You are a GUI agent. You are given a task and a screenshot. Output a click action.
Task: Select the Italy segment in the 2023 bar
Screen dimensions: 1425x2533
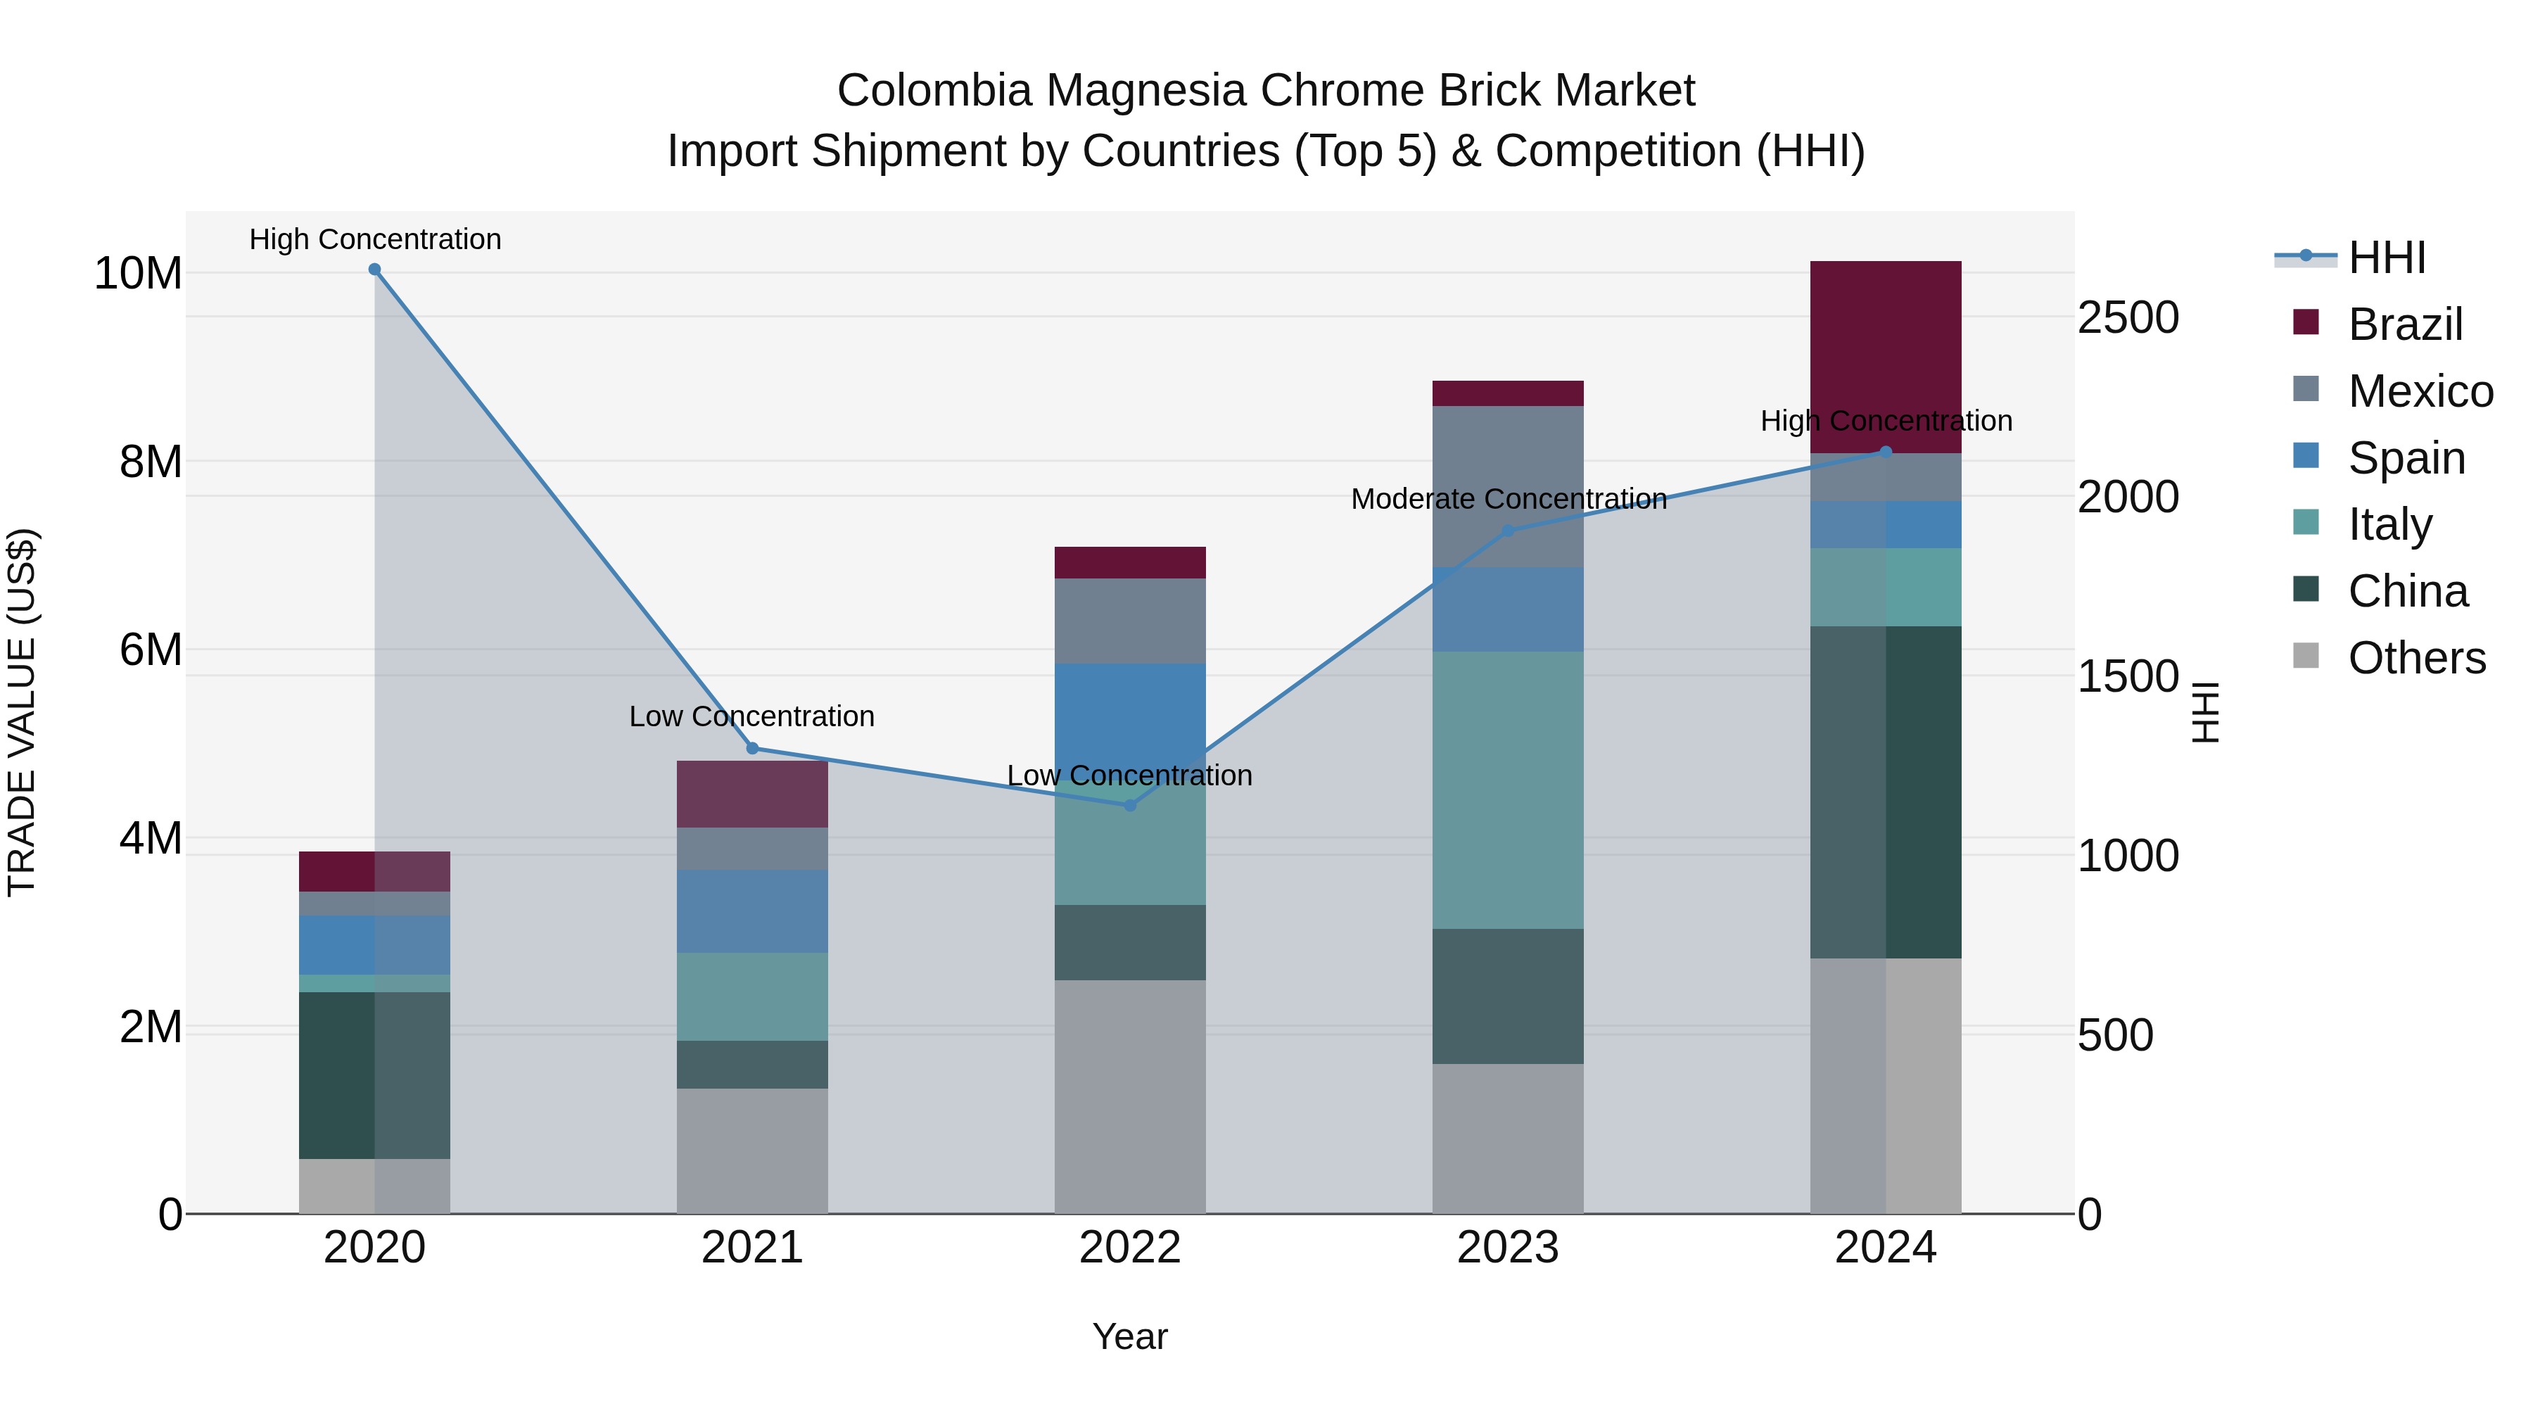[x=1507, y=790]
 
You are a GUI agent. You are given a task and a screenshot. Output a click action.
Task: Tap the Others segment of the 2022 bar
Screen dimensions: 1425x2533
[x=1130, y=1096]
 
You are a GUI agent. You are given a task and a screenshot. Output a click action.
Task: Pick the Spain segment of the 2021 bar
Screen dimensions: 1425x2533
[x=752, y=911]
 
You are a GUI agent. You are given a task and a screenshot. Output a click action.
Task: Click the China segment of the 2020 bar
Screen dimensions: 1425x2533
[x=374, y=1075]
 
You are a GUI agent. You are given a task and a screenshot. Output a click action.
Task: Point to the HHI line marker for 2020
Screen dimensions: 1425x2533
[x=374, y=270]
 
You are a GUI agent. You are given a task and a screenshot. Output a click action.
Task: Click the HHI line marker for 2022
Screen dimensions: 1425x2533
[x=1130, y=806]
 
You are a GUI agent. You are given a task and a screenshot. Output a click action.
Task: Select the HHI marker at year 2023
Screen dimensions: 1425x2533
[x=1507, y=531]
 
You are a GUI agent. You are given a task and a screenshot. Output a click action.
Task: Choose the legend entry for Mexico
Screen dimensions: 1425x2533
[x=2420, y=391]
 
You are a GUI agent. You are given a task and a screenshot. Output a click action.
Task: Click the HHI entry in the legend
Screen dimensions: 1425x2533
[x=2387, y=258]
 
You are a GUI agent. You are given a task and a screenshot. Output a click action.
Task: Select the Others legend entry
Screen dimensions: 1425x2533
[x=2416, y=658]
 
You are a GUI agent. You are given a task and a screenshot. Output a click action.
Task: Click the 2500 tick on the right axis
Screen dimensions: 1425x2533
[x=2128, y=317]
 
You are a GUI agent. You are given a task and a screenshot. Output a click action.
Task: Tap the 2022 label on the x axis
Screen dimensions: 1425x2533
[x=1130, y=1248]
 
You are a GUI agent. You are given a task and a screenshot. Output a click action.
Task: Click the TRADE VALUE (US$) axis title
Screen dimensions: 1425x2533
[x=23, y=712]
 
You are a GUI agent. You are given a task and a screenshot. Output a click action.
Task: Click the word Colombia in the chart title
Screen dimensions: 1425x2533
[x=934, y=91]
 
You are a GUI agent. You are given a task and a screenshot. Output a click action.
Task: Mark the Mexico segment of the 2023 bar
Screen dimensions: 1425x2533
[x=1507, y=487]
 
